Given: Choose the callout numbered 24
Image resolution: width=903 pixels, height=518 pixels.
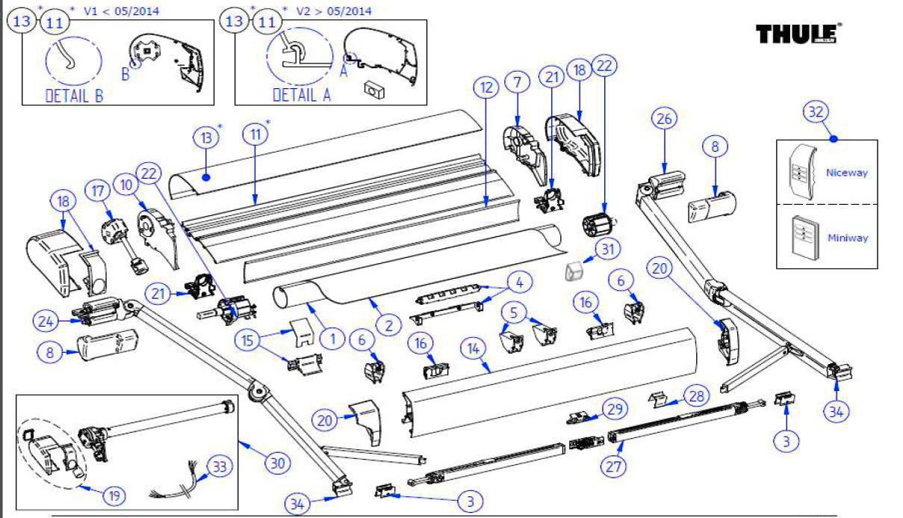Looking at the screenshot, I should (46, 321).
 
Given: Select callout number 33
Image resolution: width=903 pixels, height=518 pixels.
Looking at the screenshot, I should (217, 466).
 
